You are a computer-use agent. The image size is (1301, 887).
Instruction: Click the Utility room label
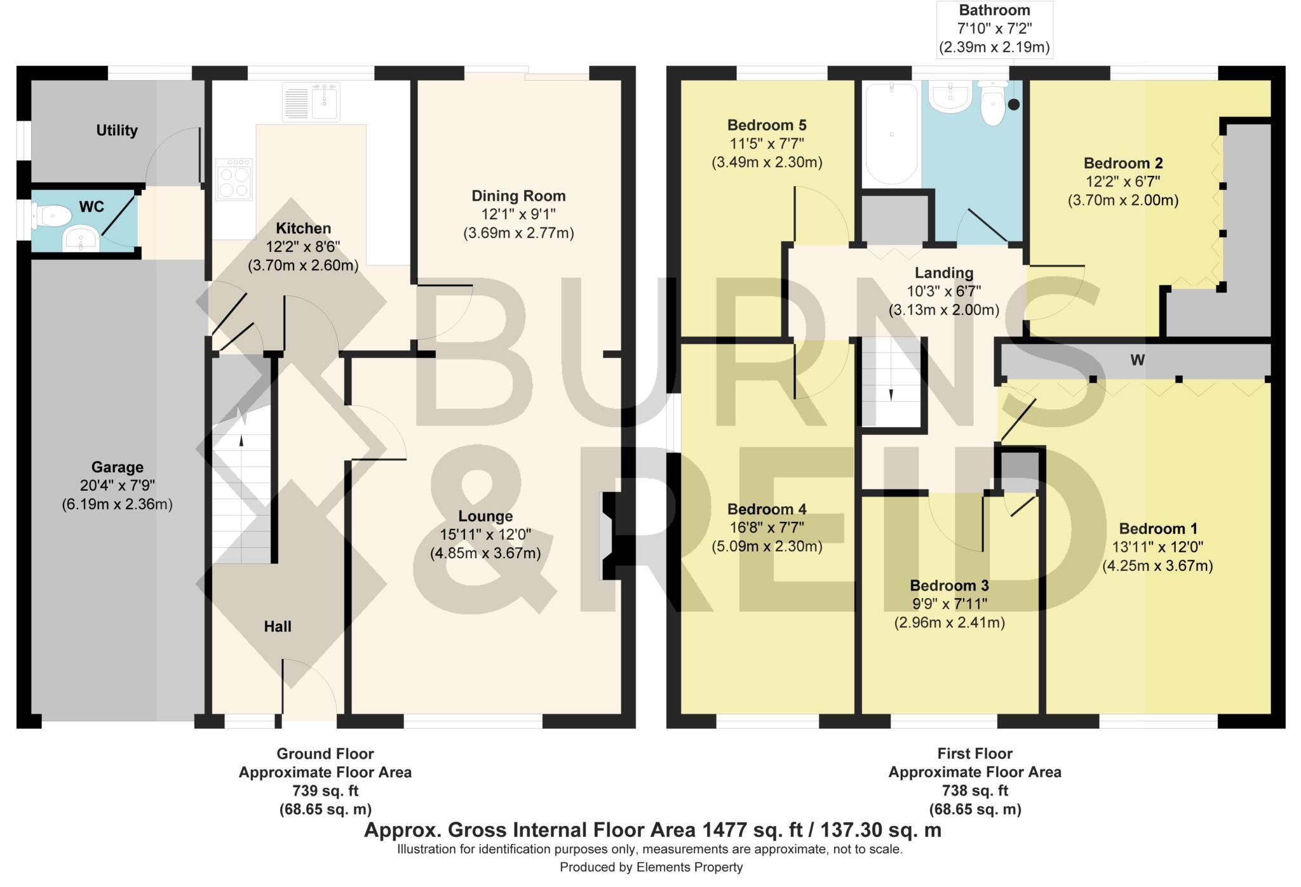(x=117, y=130)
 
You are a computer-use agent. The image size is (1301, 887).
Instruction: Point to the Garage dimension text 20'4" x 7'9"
(x=117, y=486)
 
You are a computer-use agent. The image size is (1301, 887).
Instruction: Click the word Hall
(x=278, y=627)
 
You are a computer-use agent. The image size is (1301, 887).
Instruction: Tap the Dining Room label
(x=518, y=196)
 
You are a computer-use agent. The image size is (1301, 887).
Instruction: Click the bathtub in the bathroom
(x=891, y=135)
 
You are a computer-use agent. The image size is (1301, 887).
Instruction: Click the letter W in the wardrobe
(x=1137, y=361)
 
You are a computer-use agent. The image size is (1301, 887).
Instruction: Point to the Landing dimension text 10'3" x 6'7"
(x=943, y=291)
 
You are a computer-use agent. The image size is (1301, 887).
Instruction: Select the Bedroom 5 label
(x=767, y=125)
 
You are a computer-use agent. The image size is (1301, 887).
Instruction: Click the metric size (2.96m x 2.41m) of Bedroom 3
(x=949, y=623)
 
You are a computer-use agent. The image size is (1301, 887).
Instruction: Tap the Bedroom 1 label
(x=1157, y=528)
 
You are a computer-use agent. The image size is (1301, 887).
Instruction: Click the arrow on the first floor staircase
(x=891, y=394)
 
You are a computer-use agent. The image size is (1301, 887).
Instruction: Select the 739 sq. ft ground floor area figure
(x=325, y=791)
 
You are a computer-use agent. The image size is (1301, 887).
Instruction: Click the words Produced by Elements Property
(x=650, y=867)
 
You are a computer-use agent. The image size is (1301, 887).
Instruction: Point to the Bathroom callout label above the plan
(x=994, y=10)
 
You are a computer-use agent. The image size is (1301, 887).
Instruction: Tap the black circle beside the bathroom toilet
(x=1014, y=105)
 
